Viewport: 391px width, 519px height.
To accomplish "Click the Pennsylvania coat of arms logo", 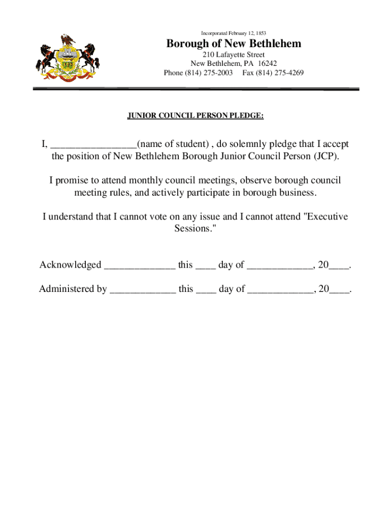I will click(67, 57).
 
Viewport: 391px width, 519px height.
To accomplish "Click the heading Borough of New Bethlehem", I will click(234, 44).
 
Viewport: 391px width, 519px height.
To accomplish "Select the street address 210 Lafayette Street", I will click(234, 55).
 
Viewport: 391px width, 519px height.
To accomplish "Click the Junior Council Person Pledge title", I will click(195, 116).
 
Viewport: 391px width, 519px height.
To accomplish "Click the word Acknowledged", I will click(71, 265).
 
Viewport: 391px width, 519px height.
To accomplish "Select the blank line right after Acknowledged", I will click(140, 267).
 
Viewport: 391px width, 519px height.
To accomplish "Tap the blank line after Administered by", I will click(143, 290).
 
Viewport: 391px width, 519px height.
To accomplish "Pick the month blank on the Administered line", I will click(280, 290).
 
